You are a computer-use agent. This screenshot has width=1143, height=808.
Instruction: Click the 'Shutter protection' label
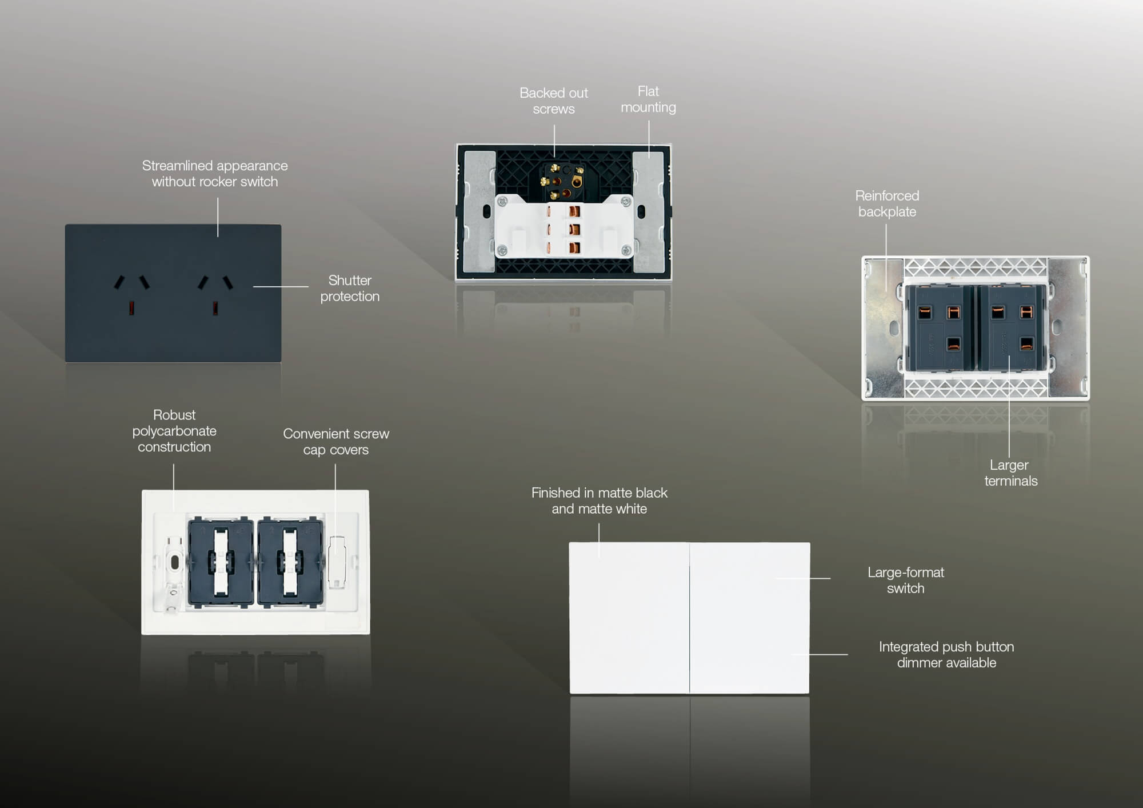[x=350, y=288]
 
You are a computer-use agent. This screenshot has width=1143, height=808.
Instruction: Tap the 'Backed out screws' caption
[x=554, y=101]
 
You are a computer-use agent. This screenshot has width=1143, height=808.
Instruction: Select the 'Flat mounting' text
[x=648, y=99]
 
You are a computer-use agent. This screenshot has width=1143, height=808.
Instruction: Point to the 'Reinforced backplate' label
[x=887, y=203]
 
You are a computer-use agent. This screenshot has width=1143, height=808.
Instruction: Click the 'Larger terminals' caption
[x=1010, y=473]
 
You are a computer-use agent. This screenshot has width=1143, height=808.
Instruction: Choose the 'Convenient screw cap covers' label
[x=336, y=442]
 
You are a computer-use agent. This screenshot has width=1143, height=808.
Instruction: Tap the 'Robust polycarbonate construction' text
[x=174, y=431]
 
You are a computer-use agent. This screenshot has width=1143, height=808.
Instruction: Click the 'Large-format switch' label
[x=905, y=580]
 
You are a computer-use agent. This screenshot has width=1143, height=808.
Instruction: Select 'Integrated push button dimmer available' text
[x=946, y=654]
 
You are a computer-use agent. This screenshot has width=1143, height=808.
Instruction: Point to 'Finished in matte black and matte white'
[x=599, y=501]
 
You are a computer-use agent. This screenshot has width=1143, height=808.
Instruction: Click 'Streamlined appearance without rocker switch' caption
[x=215, y=173]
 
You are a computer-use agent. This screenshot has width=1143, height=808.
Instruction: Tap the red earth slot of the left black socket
[x=131, y=308]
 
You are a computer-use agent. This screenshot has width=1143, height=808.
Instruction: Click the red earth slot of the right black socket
[x=215, y=308]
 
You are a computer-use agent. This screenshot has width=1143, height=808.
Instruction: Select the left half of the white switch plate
[x=629, y=618]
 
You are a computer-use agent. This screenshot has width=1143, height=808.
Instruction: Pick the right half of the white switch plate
[x=750, y=618]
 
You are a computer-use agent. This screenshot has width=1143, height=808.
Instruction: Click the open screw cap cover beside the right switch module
[x=337, y=562]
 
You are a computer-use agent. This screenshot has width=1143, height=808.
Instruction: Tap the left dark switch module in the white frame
[x=221, y=561]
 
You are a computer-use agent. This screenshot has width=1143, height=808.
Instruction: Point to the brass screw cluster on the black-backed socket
[x=562, y=181]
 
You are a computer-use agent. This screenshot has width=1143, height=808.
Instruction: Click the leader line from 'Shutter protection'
[x=281, y=287]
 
